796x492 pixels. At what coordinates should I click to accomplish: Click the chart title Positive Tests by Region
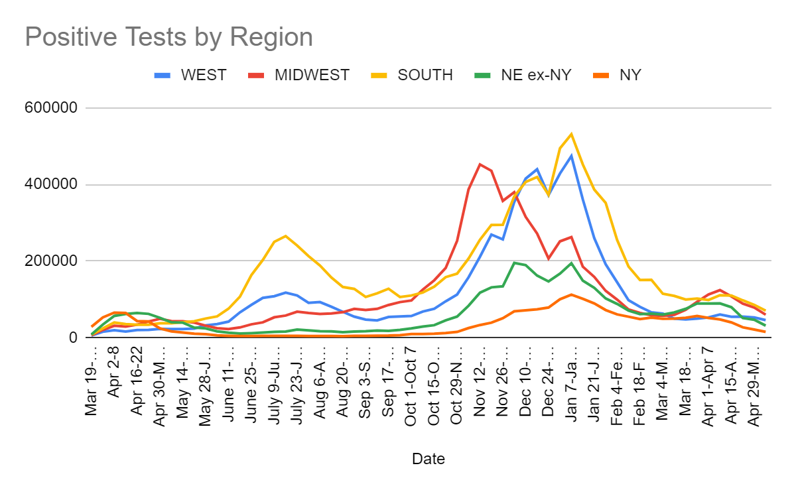tap(168, 36)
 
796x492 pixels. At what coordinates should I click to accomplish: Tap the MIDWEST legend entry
tap(312, 75)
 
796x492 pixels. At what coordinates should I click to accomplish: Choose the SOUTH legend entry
tap(425, 75)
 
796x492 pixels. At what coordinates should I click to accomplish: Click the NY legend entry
tap(630, 75)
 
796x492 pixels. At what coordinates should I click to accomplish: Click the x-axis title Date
tap(428, 458)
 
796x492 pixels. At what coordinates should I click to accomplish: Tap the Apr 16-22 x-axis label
tap(137, 381)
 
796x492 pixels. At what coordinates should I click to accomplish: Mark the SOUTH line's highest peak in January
tap(571, 134)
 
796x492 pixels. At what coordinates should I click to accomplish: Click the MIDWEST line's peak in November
tap(480, 164)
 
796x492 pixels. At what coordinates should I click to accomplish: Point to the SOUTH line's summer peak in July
tap(285, 235)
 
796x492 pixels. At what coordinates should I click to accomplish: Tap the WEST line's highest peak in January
tap(571, 156)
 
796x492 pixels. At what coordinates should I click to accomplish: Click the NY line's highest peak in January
tap(571, 294)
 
